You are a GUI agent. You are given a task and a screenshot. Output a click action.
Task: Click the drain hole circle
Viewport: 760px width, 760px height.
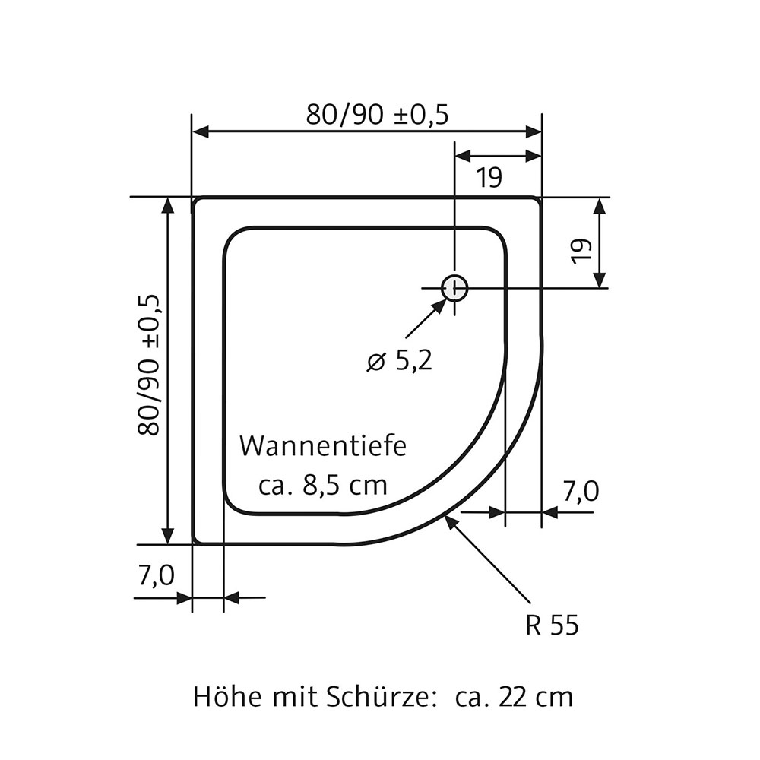coord(454,288)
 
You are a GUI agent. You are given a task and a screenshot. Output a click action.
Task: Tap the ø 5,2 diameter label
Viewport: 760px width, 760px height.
coord(399,361)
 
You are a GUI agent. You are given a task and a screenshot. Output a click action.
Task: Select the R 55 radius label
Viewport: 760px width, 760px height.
coord(552,625)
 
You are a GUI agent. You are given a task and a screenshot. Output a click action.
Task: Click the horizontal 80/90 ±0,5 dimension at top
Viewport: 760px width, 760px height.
coord(378,114)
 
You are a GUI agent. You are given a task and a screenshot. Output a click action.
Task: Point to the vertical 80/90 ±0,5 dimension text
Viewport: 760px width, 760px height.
coord(149,365)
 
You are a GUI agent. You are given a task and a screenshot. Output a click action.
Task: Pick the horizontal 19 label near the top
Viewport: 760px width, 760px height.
coord(489,178)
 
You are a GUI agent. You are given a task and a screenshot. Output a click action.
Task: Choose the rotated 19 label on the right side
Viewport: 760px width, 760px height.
coord(581,251)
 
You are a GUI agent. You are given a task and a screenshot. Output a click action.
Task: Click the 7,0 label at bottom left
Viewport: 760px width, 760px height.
coord(157,576)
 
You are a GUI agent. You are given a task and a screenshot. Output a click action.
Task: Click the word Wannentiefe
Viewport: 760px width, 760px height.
coord(323,446)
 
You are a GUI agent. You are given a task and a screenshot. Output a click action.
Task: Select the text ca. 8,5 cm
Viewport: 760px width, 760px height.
coord(323,485)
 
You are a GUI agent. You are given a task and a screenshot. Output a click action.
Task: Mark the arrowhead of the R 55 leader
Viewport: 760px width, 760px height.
coord(451,521)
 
